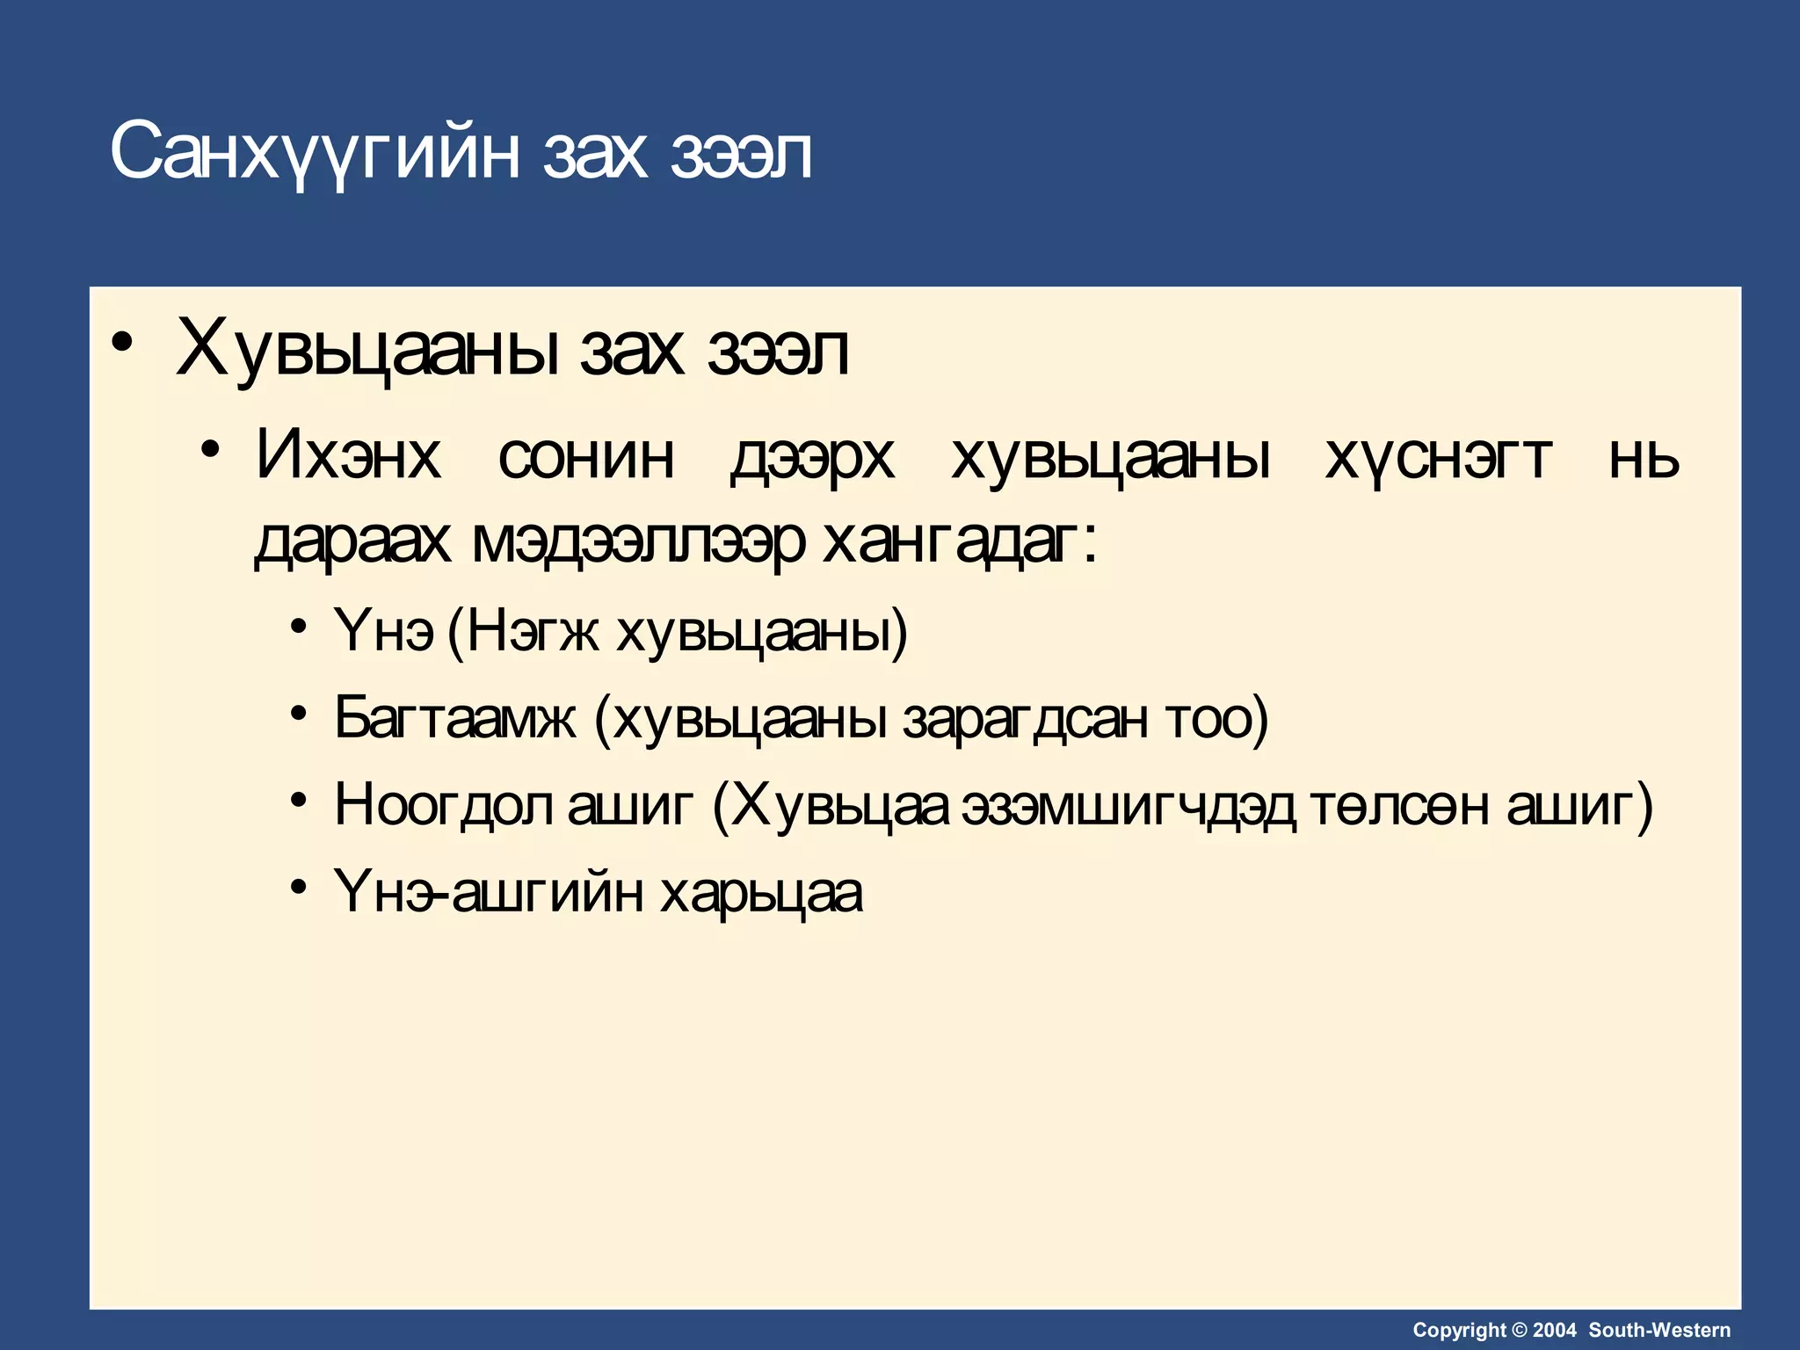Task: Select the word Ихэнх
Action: (x=348, y=456)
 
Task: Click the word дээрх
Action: (x=812, y=458)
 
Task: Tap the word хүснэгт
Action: (x=1438, y=458)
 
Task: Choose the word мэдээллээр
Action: (x=638, y=541)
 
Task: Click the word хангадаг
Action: (x=952, y=541)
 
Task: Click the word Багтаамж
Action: (x=455, y=718)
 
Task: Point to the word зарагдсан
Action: (x=1025, y=718)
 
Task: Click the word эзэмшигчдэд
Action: (x=1128, y=806)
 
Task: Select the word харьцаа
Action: (x=761, y=894)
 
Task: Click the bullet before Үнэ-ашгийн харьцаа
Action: (x=300, y=887)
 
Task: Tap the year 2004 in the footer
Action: (x=1555, y=1330)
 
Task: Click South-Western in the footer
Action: (x=1659, y=1330)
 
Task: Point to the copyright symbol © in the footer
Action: (x=1519, y=1330)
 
